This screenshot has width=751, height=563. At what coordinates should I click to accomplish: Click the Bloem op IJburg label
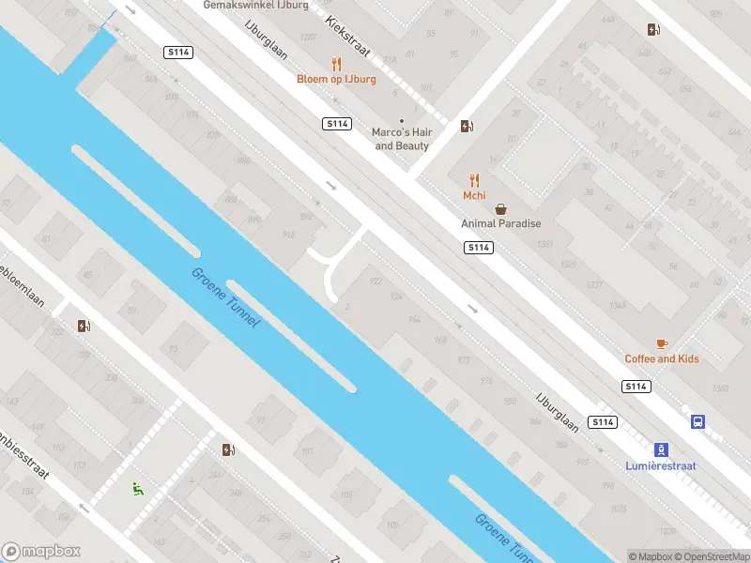pyautogui.click(x=336, y=79)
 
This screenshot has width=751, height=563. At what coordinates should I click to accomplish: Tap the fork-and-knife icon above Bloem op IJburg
pyautogui.click(x=336, y=64)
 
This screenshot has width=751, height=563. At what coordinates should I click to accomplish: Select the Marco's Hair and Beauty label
pyautogui.click(x=402, y=139)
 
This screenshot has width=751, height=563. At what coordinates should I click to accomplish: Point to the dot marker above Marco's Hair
pyautogui.click(x=402, y=121)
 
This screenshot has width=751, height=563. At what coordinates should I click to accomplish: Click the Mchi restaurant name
pyautogui.click(x=474, y=195)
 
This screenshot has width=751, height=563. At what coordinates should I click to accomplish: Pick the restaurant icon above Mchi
pyautogui.click(x=474, y=180)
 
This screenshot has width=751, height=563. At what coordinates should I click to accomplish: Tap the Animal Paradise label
pyautogui.click(x=500, y=223)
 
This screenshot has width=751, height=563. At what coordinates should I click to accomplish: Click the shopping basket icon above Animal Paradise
pyautogui.click(x=500, y=208)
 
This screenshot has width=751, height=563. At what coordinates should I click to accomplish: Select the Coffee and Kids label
pyautogui.click(x=662, y=358)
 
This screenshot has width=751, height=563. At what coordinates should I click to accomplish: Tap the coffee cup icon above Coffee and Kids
pyautogui.click(x=662, y=343)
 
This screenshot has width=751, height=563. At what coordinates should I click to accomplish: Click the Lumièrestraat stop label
pyautogui.click(x=662, y=464)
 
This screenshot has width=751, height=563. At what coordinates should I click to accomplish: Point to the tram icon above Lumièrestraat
pyautogui.click(x=662, y=449)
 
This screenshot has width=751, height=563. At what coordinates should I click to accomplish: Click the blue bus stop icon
pyautogui.click(x=697, y=422)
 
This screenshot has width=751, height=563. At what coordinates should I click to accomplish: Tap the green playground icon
pyautogui.click(x=138, y=487)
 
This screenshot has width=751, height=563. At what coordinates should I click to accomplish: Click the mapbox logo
pyautogui.click(x=41, y=552)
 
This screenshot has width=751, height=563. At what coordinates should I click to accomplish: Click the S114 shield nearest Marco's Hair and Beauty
pyautogui.click(x=337, y=124)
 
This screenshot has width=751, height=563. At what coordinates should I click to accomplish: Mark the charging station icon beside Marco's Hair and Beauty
pyautogui.click(x=467, y=127)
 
